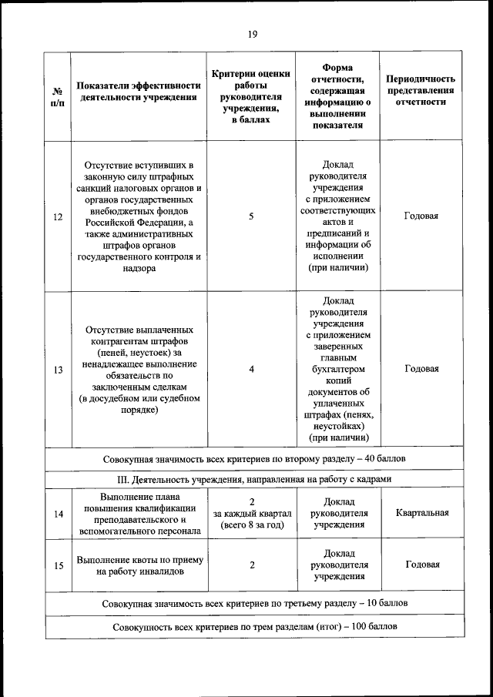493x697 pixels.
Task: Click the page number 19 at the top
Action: tap(251, 33)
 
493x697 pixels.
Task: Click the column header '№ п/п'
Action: tap(58, 96)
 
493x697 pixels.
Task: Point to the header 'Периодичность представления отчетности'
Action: tap(421, 91)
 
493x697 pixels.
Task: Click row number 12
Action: tap(58, 216)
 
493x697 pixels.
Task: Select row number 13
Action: tap(58, 370)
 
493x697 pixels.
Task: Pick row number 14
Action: tap(58, 514)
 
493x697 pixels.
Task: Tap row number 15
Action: tap(58, 565)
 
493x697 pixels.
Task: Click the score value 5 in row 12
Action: tap(251, 216)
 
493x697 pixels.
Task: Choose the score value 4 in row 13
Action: tap(251, 370)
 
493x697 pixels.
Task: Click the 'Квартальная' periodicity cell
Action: tap(421, 513)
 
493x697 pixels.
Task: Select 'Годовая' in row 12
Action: tap(421, 216)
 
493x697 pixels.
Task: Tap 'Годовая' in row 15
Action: tap(421, 565)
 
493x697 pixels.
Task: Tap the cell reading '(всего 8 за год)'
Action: tap(252, 524)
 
